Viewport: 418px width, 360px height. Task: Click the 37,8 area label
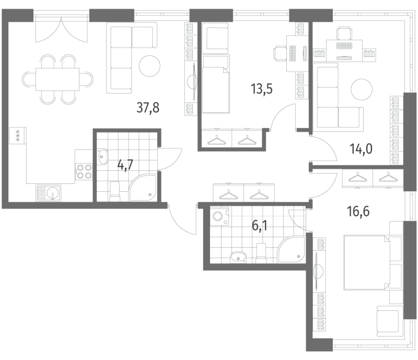147,108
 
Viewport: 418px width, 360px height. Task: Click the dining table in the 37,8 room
57,79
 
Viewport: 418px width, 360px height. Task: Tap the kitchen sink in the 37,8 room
49,193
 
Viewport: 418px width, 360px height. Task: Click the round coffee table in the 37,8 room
149,65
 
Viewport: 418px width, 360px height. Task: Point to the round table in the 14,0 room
361,88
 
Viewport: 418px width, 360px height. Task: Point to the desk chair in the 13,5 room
281,53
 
